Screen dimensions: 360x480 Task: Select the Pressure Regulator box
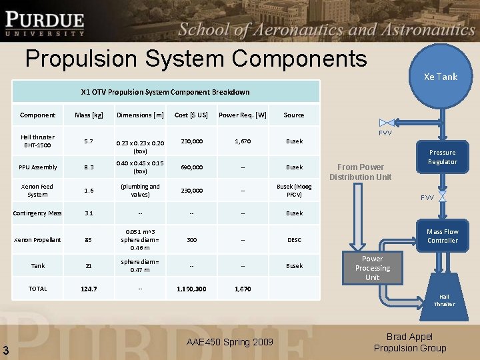[443, 157]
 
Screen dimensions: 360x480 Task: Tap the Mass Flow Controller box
[443, 236]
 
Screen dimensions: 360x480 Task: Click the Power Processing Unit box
[372, 268]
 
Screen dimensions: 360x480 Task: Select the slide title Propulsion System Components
[196, 59]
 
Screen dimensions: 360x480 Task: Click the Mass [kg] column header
[89, 115]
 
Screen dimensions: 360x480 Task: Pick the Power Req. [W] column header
[243, 115]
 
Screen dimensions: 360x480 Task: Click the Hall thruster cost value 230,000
[191, 141]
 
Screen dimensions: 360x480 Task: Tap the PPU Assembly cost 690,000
[191, 167]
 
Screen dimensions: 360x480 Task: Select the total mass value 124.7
[89, 289]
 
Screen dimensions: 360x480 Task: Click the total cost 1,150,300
[191, 289]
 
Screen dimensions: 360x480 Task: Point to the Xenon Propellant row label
[38, 239]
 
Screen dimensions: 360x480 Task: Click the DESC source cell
[294, 239]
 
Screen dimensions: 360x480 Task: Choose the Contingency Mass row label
[38, 213]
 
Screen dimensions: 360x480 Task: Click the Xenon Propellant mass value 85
[89, 239]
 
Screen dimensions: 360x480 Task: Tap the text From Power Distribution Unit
[361, 172]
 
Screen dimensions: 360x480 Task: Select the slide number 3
[5, 351]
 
